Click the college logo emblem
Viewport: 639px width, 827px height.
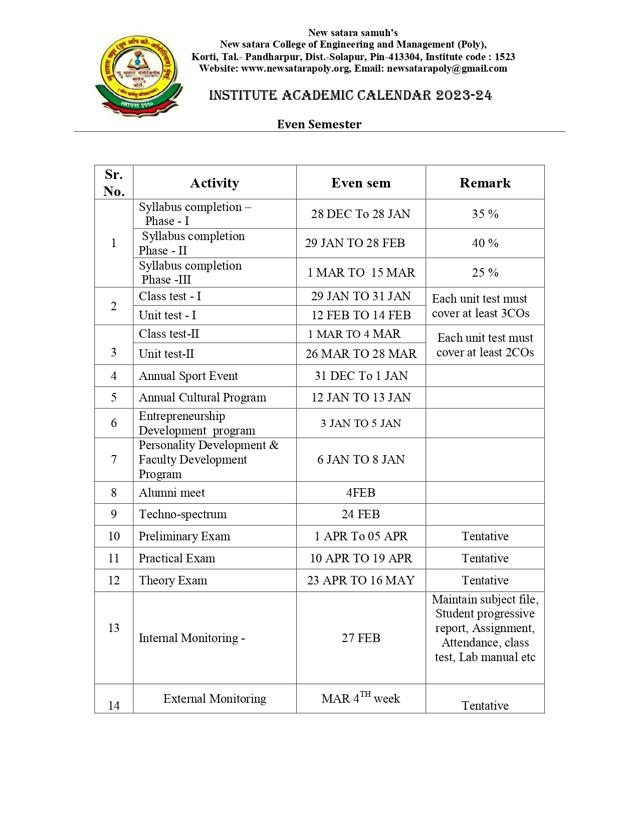[x=138, y=75]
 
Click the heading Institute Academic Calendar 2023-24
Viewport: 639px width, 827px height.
[x=350, y=95]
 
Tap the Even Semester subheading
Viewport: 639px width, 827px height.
[x=319, y=124]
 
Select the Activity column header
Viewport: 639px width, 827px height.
[x=215, y=183]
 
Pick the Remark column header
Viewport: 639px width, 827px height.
[x=485, y=183]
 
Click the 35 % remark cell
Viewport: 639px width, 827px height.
[x=485, y=214]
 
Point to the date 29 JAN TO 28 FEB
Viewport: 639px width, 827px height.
[x=355, y=243]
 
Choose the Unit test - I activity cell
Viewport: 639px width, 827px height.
[x=167, y=315]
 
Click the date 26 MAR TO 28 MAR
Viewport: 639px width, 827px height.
[x=361, y=354]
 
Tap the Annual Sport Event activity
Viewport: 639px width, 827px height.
[x=188, y=376]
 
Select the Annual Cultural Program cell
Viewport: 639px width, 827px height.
[x=202, y=397]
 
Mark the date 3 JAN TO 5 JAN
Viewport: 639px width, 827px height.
[x=361, y=424]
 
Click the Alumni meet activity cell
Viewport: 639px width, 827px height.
[x=171, y=493]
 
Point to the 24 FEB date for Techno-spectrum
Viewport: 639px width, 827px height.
[x=361, y=514]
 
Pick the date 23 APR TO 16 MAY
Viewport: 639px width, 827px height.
[x=361, y=580]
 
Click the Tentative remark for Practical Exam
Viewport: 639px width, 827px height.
[x=485, y=558]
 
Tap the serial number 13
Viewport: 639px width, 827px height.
[x=114, y=628]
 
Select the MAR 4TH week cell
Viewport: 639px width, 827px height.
[x=361, y=698]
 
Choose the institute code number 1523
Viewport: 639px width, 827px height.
[x=505, y=57]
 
